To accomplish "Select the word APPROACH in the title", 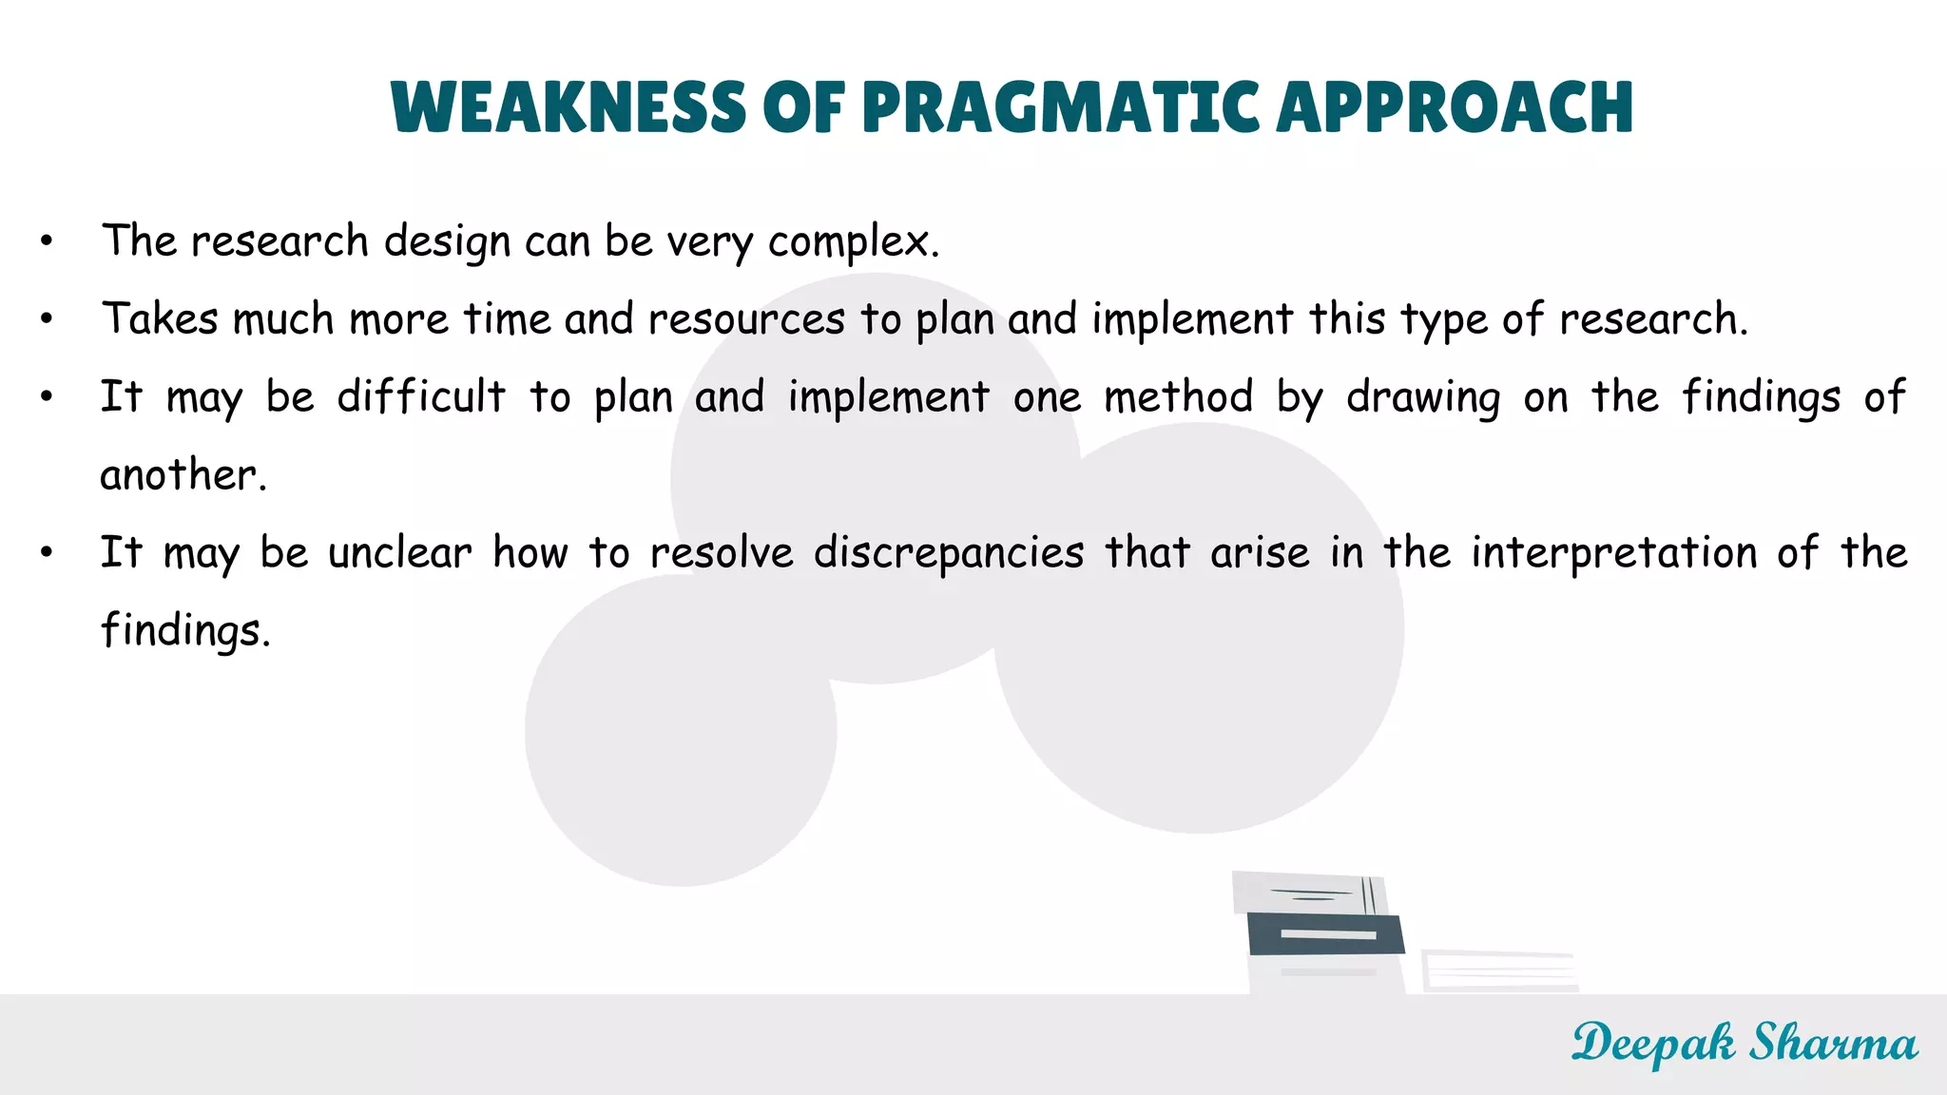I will click(x=1455, y=106).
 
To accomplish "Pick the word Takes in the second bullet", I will click(x=160, y=318).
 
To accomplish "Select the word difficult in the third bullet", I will click(x=421, y=396).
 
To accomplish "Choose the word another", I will click(x=183, y=474).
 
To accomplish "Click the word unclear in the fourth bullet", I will click(x=399, y=553).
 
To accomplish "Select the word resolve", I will click(x=722, y=553).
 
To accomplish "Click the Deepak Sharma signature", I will click(x=1744, y=1044).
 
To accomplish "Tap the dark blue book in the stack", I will click(x=1325, y=933).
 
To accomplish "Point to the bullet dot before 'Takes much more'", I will click(x=47, y=319).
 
